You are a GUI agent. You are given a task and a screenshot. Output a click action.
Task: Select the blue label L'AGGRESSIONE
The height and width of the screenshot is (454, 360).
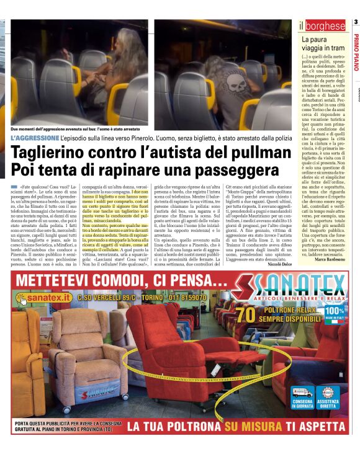35,136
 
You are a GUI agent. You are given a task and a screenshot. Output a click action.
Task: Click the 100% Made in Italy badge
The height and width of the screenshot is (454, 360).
334,314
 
